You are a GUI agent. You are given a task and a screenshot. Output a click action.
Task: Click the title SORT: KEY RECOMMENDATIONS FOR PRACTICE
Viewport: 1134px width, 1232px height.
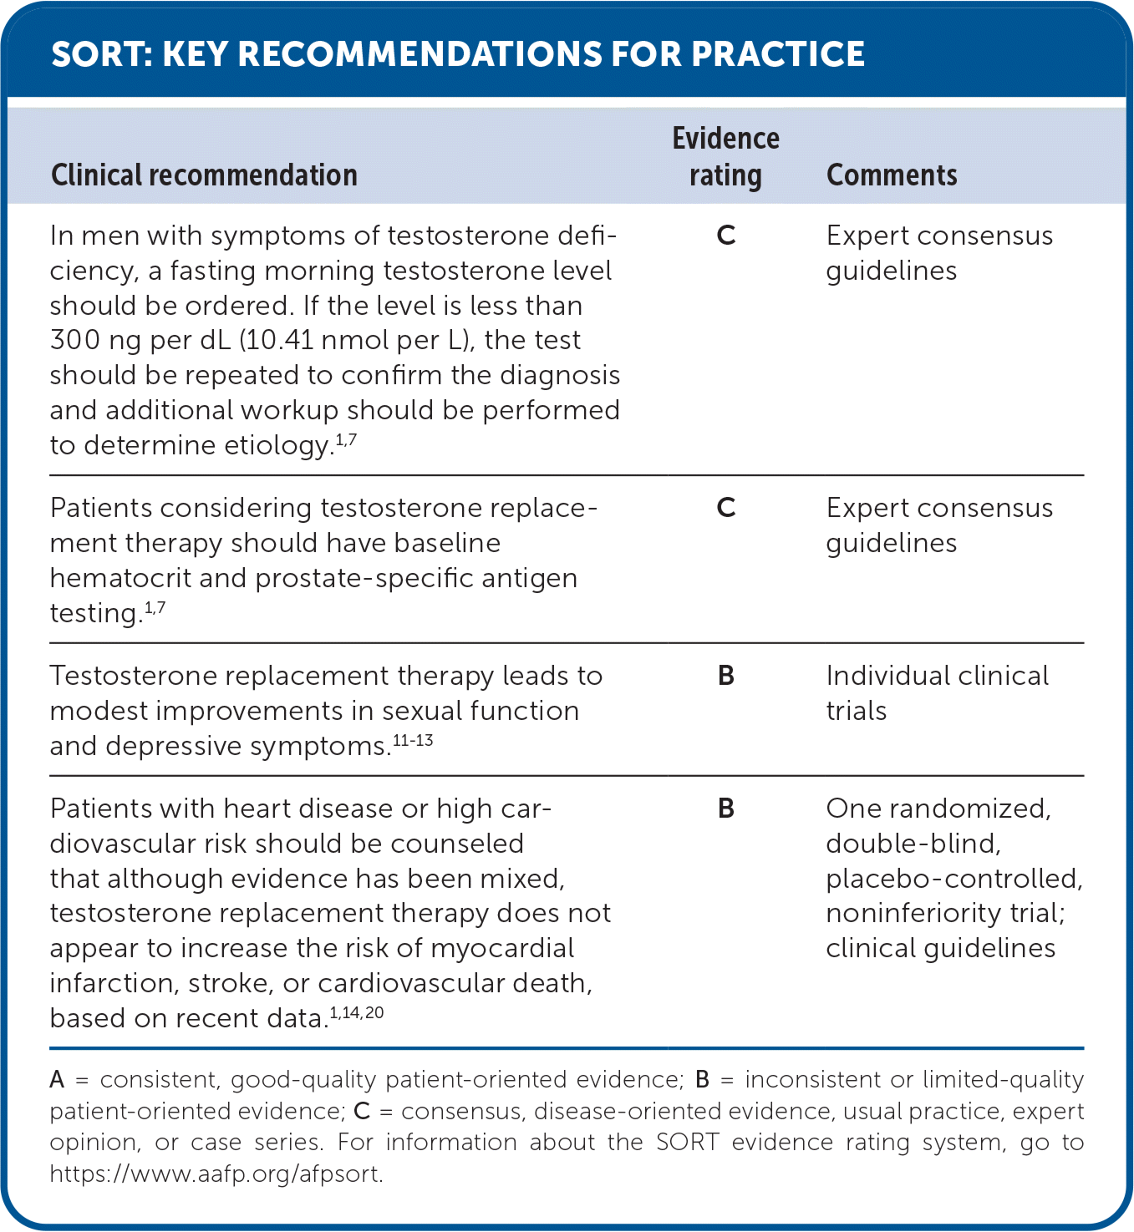457,54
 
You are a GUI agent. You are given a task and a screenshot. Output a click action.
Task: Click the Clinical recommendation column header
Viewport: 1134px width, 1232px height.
204,175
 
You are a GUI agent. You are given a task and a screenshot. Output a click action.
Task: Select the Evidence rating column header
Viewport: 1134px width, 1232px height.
725,157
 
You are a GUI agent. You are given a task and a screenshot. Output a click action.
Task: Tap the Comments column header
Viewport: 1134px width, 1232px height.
892,175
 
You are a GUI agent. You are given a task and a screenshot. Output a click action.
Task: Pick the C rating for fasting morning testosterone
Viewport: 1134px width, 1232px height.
726,236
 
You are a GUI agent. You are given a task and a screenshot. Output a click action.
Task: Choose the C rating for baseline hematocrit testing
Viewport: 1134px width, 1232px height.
726,508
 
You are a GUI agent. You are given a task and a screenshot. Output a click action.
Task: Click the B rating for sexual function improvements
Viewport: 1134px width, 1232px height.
726,676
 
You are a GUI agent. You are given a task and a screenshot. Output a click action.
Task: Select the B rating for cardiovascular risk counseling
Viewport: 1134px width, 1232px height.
726,809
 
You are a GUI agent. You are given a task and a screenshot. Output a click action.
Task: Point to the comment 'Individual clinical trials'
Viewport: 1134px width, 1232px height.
937,693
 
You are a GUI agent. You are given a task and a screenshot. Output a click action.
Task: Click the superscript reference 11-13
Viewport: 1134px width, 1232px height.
413,741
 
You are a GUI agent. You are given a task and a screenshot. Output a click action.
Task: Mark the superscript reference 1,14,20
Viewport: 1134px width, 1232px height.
357,1013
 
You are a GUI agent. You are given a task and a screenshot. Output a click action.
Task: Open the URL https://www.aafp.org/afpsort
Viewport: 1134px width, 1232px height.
216,1174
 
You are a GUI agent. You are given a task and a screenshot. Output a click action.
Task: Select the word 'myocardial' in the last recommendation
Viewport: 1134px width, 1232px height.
502,949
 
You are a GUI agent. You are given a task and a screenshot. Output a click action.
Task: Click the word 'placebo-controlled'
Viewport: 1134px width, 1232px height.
953,879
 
